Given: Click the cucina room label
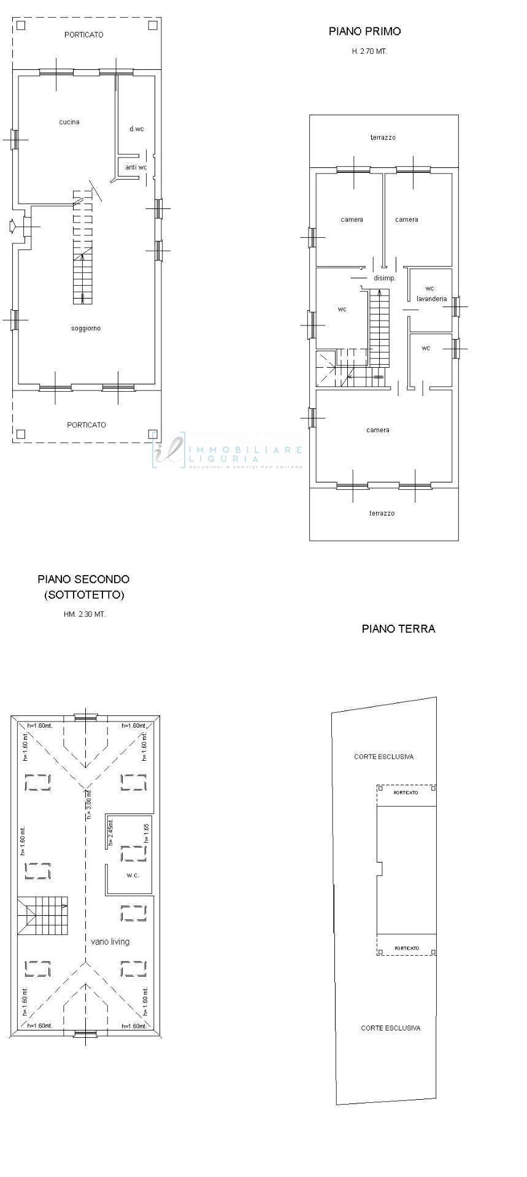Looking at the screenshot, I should point(69,122).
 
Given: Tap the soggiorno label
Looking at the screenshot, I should point(86,329).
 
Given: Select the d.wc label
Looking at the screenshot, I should point(137,129).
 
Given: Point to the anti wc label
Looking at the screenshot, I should point(136,167).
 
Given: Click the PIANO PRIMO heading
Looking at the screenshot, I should point(364,31).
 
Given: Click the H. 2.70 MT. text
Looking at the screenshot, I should point(369,52).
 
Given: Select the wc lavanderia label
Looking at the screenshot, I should point(431,294).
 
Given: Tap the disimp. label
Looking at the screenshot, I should point(384,278).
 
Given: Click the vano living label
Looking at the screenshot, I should point(110,942).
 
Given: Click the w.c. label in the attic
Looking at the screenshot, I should point(133,875).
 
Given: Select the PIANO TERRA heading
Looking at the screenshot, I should point(398,629).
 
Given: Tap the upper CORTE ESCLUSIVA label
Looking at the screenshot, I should point(383,756).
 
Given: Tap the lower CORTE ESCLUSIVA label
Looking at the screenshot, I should point(391,1028).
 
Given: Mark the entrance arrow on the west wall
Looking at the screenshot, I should point(13,226).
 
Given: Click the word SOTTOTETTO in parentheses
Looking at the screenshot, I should point(84,595).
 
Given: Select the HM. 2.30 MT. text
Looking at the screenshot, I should point(85,614).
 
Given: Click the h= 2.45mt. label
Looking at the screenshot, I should point(111,832).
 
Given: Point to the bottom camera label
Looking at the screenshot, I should point(378,430).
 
